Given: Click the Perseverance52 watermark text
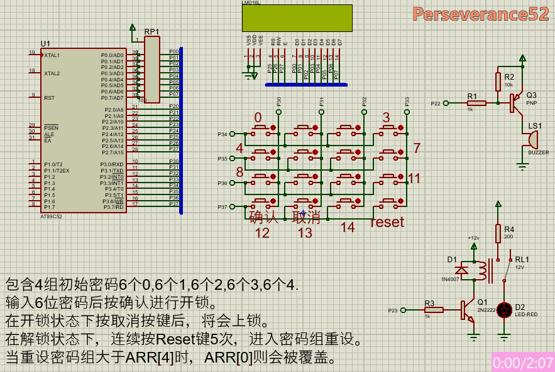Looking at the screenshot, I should coord(481,14).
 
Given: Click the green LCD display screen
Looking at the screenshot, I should coord(297,18).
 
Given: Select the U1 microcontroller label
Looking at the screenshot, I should coord(45,43).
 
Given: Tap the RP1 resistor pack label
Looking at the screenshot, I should coord(151,31).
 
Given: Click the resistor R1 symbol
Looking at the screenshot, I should coord(475,103).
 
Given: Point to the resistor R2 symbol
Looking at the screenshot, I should coord(498,81).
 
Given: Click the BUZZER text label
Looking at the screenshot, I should coord(538,152).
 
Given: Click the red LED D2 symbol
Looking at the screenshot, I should coord(505,309).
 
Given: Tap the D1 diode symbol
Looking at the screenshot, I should coord(462,270).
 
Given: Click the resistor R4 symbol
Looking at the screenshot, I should coord(498,234).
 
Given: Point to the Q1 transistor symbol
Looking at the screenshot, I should coord(468,309).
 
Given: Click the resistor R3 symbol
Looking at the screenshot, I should coord(433,309).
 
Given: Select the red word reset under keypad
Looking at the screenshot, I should coord(387,222).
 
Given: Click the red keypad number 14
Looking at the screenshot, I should coord(348,227).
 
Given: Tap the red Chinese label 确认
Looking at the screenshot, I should coord(263,218).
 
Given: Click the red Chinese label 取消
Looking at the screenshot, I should coord(306,218).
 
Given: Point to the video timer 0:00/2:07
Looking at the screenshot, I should coord(522,363).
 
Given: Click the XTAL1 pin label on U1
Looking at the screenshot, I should coord(52,55).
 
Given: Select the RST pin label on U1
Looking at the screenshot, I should coord(49,98).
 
